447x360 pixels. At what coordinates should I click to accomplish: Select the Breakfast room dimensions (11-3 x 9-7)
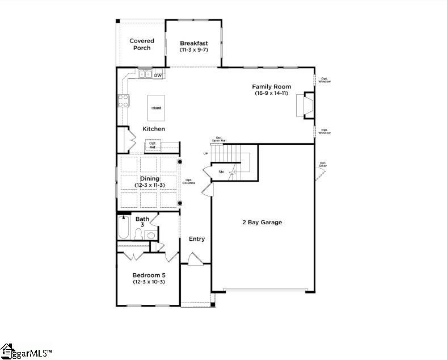(194, 50)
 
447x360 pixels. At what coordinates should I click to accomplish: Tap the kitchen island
(156, 108)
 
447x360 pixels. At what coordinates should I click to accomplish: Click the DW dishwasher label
(158, 75)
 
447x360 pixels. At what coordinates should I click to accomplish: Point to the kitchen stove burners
(123, 101)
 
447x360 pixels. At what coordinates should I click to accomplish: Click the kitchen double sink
(144, 74)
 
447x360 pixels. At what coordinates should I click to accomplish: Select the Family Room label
(272, 87)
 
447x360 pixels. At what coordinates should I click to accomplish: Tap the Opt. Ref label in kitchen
(153, 145)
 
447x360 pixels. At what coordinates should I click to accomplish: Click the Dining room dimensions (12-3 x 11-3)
(150, 186)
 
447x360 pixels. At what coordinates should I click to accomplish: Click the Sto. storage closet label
(222, 171)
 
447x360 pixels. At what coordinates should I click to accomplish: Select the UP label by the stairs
(206, 154)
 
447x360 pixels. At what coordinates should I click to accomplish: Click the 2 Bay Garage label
(262, 222)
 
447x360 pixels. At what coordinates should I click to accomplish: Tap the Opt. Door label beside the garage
(323, 165)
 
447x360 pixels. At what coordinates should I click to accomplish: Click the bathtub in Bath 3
(124, 229)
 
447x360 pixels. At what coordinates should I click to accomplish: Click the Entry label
(197, 239)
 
